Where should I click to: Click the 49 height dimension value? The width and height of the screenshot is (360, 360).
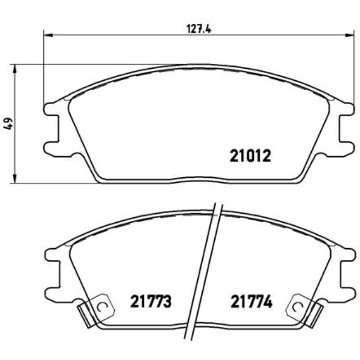click(7, 125)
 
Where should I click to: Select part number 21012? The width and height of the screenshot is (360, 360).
click(250, 156)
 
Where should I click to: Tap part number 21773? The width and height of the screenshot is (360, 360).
click(151, 302)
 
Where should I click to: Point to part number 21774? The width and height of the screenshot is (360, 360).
click(251, 302)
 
